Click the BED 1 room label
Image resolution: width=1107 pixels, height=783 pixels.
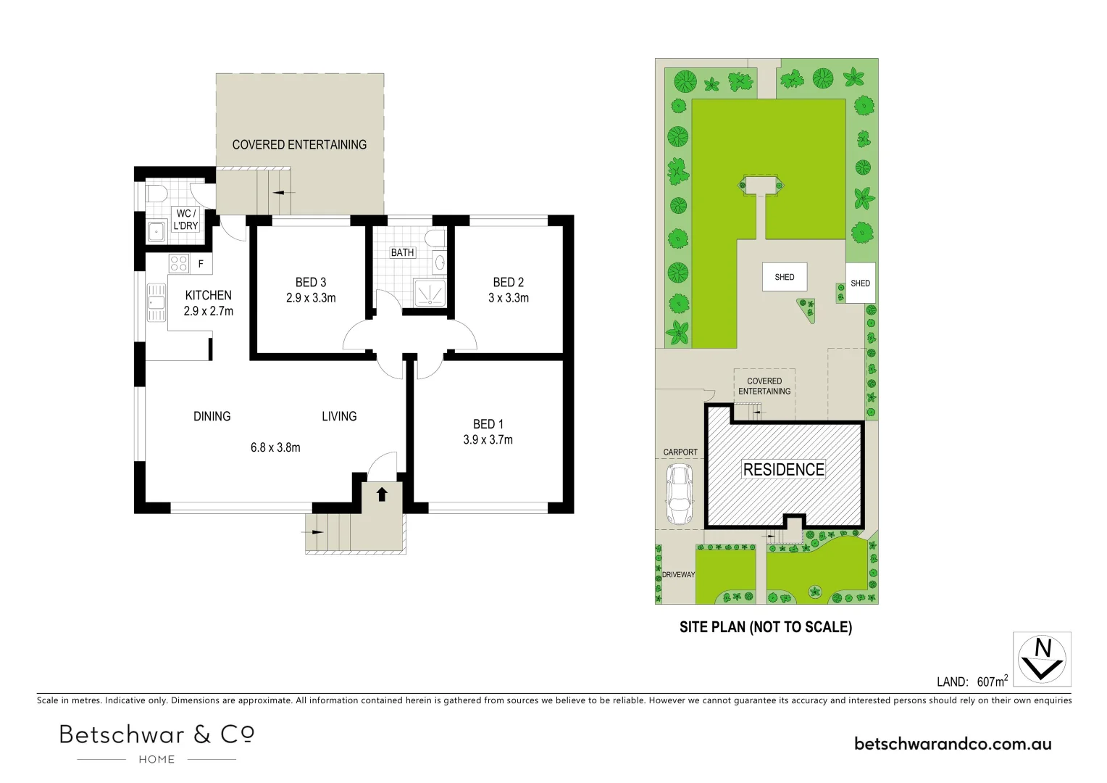pos(488,424)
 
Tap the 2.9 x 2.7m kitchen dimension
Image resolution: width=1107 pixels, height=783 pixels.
pos(208,311)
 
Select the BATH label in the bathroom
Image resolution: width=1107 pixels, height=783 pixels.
pos(402,252)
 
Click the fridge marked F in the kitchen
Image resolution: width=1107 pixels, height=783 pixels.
pos(201,265)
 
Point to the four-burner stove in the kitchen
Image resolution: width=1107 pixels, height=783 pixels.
pos(179,264)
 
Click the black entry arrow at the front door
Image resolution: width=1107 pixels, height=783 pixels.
pos(382,494)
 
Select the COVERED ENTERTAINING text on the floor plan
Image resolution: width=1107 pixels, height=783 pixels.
pos(299,144)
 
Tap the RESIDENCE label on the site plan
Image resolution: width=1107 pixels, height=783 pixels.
pos(784,470)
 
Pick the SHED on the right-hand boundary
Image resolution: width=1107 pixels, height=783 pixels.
pos(860,283)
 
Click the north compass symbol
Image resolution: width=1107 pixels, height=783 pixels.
pos(1042,659)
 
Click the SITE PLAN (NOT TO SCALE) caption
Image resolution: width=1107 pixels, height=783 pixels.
pos(765,627)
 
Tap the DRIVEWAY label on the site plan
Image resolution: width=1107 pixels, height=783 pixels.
pos(678,575)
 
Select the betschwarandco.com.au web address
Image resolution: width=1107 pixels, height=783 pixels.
pos(953,743)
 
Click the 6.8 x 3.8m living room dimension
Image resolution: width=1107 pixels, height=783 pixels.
pos(275,447)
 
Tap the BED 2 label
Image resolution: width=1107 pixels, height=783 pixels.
pos(508,282)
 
